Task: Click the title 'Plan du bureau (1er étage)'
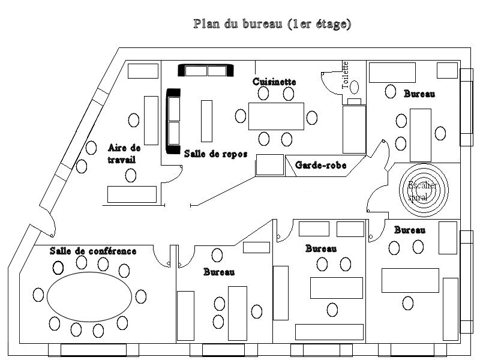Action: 272,25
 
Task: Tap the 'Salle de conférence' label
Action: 93,251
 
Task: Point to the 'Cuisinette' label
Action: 274,81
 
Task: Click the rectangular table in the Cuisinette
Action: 277,116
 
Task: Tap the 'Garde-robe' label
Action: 321,165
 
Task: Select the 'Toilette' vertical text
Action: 345,75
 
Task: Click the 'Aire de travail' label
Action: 123,154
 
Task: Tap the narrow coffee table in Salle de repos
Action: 207,121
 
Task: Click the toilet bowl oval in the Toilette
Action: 355,87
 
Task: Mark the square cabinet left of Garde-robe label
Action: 269,165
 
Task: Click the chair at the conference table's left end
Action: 39,295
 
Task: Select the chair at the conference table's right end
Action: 141,296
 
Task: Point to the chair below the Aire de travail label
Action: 131,175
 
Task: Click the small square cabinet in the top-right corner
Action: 446,70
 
